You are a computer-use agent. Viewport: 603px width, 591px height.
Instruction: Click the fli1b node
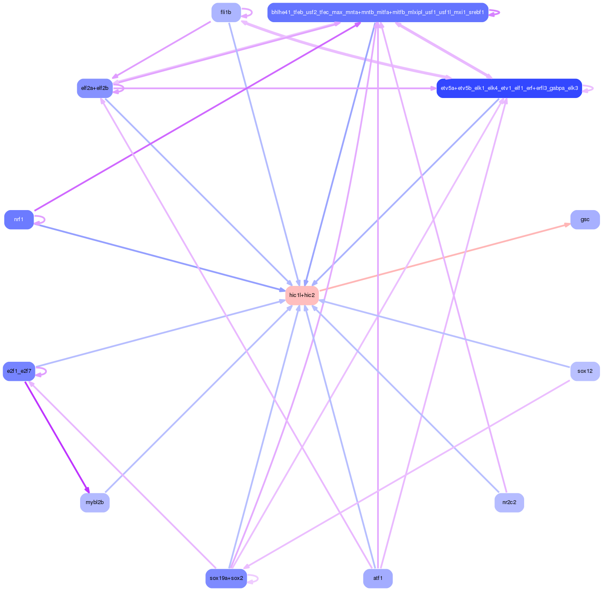tap(226, 12)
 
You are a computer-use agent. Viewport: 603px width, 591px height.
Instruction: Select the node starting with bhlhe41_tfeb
tap(378, 12)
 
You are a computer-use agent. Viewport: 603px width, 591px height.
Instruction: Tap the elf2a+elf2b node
tap(95, 88)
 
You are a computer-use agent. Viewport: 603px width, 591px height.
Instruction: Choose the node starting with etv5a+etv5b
tap(509, 88)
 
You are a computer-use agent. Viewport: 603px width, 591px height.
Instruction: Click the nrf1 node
tap(19, 219)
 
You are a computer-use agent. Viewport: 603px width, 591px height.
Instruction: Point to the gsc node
tap(585, 219)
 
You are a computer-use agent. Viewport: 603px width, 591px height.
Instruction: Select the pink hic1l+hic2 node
tap(302, 295)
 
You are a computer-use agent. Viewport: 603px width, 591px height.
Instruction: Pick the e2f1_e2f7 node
tap(19, 371)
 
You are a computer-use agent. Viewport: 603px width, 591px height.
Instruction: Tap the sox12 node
tap(585, 371)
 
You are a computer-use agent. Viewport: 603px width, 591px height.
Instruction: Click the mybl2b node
tap(95, 502)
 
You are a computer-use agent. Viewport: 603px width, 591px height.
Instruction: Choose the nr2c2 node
tap(509, 502)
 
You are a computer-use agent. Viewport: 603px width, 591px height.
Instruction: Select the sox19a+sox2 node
tap(226, 578)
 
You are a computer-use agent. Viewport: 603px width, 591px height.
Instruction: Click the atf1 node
tap(378, 578)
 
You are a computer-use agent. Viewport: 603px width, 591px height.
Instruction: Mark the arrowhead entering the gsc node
tap(567, 224)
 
